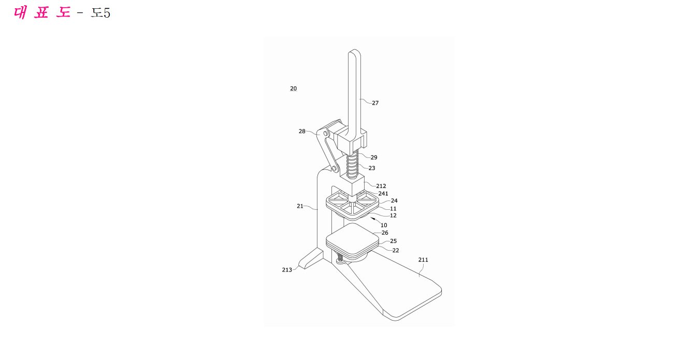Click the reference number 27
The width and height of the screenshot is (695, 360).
[x=375, y=103]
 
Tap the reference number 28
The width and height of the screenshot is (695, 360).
[x=302, y=131]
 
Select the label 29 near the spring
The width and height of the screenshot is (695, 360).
[x=374, y=157]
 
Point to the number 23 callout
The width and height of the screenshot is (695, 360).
[x=372, y=168]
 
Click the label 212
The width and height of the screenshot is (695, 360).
[x=381, y=186]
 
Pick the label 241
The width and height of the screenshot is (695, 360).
[x=383, y=194]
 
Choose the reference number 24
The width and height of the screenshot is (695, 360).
[x=394, y=201]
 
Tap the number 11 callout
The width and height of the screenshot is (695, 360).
[x=393, y=209]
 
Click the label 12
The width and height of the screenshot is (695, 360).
[x=393, y=215]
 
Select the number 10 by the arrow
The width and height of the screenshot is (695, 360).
[x=384, y=225]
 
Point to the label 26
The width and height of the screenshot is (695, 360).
[x=385, y=233]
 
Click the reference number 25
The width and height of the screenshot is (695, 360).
[x=393, y=241]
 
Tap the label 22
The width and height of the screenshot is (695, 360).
[x=396, y=251]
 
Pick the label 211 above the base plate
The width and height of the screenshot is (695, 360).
[x=423, y=260]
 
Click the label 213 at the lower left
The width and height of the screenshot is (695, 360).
[x=287, y=270]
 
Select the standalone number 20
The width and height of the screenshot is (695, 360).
[x=294, y=89]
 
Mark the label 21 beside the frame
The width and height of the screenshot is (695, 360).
[x=300, y=206]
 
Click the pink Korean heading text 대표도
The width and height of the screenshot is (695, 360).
[x=42, y=13]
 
